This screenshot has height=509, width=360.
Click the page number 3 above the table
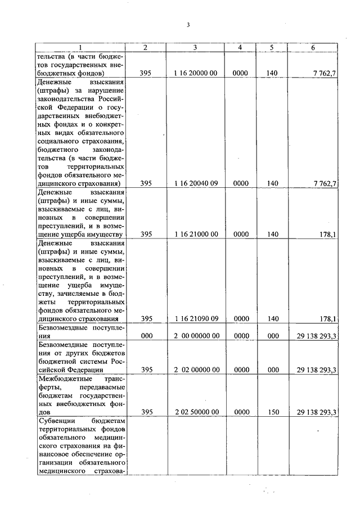(188, 25)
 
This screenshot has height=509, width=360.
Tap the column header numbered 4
(240, 48)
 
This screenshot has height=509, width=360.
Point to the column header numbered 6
(313, 48)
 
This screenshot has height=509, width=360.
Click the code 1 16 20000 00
(195, 73)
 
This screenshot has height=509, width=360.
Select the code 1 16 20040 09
(195, 183)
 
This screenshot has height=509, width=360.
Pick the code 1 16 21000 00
(195, 234)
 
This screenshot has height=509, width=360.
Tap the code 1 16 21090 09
(195, 319)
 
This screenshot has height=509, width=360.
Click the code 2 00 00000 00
(195, 336)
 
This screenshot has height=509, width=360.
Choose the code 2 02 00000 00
(195, 370)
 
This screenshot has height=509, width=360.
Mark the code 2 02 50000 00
(195, 412)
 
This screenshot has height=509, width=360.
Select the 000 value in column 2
(146, 336)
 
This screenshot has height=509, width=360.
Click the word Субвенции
(55, 421)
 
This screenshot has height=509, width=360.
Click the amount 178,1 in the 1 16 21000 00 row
(327, 234)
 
